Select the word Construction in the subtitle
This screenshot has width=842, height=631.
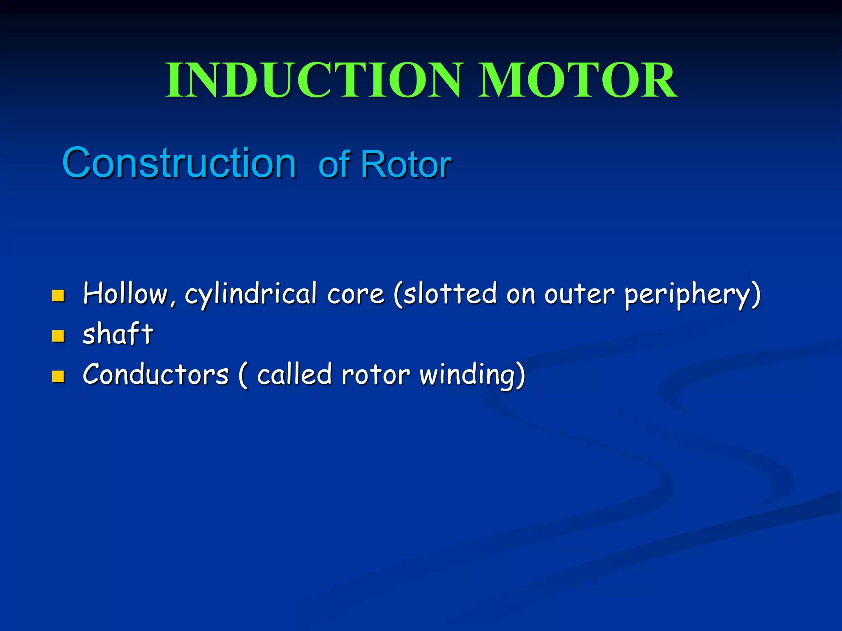(179, 163)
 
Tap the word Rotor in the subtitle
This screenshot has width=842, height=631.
(406, 165)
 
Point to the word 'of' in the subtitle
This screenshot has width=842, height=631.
(334, 165)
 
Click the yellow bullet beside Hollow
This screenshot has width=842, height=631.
(58, 296)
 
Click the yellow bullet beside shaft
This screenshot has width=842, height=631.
(58, 336)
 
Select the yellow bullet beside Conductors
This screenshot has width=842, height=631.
(58, 376)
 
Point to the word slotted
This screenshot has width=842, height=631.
(448, 294)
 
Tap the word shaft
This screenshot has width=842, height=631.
(118, 334)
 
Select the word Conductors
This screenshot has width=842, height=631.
(155, 375)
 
